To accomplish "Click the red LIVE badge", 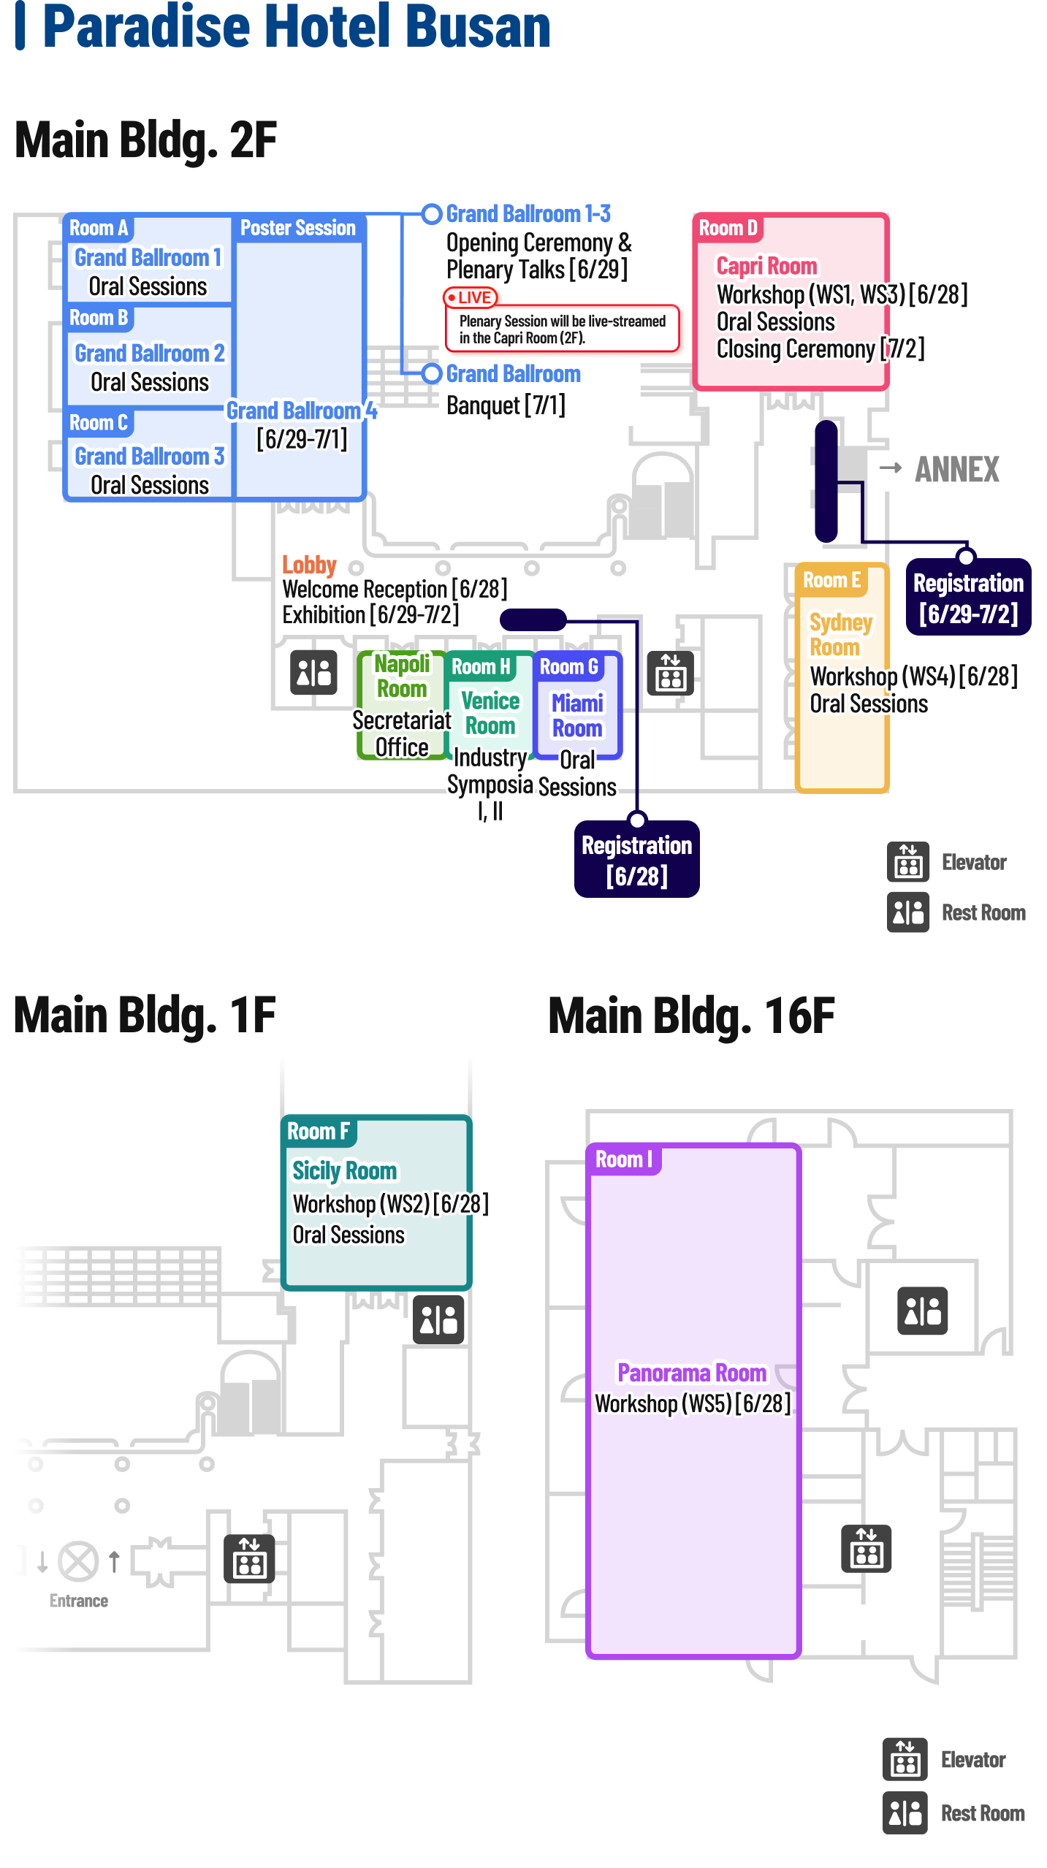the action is (x=471, y=297).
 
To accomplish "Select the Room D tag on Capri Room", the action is (x=728, y=228).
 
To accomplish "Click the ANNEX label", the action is (x=956, y=469).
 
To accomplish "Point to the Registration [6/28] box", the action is (x=636, y=860).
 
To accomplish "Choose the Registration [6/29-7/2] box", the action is (x=968, y=598).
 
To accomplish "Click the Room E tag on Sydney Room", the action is (x=831, y=580).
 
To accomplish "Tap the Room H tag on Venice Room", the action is (x=481, y=666).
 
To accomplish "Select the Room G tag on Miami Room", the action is (x=568, y=666).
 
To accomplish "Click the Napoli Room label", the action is (x=402, y=676).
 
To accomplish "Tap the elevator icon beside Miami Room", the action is (x=670, y=673).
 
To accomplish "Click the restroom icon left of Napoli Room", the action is (x=313, y=672).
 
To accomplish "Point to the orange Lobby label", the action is (x=309, y=565).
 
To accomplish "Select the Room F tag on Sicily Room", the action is (x=319, y=1131).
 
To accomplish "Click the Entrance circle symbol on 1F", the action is (x=78, y=1561).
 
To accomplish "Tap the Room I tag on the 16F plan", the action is (x=623, y=1159).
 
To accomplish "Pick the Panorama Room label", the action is (x=692, y=1373).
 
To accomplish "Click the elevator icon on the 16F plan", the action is (x=866, y=1548).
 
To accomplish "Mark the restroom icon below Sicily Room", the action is (x=438, y=1319).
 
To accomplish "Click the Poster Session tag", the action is (x=298, y=228).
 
